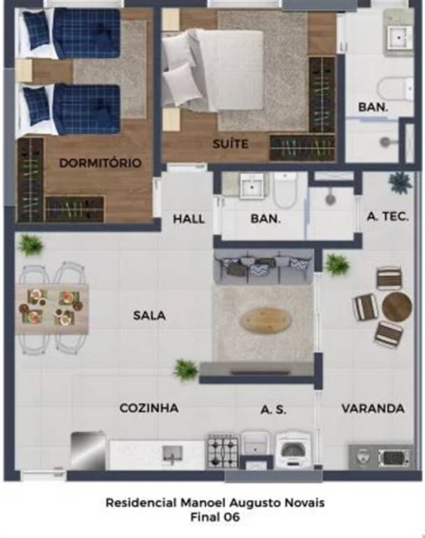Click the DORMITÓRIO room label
pos(100,163)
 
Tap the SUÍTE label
pos(230,144)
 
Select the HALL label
pos(188,219)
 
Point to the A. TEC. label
pos(388,216)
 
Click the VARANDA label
pos(373,408)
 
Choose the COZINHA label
pos(149,408)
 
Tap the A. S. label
pos(273,410)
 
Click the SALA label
pos(149,315)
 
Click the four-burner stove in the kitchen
pos(223,451)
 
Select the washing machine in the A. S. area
pos(294,450)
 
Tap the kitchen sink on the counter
pos(172,454)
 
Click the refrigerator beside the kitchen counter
pos(88,452)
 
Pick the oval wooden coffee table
pos(266,320)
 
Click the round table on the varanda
pos(397,306)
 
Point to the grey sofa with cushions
pos(263,267)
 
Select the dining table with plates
pos(52,308)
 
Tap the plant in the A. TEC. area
pos(400,182)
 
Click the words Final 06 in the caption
pos(215,516)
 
